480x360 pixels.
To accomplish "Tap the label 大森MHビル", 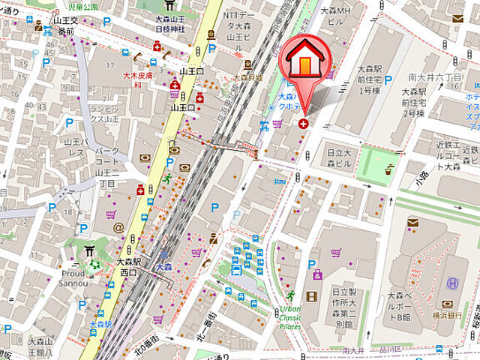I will (x=334, y=16).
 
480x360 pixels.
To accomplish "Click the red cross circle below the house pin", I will (x=303, y=123).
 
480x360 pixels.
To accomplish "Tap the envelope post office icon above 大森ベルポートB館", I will (x=412, y=221).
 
